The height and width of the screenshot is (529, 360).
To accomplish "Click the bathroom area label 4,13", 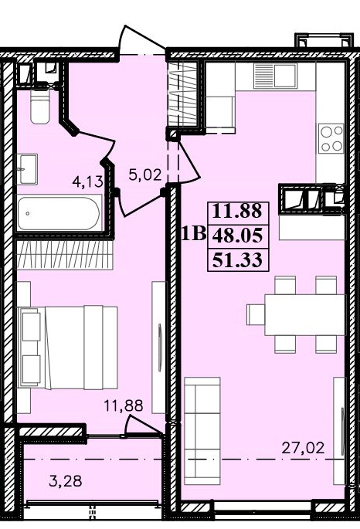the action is point(87,181).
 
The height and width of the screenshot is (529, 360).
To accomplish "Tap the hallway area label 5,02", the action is point(145,175).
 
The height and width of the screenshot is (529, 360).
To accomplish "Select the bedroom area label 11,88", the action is point(124,405).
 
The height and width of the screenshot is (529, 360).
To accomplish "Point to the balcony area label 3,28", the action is point(65,481).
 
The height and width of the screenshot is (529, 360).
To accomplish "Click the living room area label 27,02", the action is point(303,448).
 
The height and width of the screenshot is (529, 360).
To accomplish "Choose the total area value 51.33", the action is point(237,260).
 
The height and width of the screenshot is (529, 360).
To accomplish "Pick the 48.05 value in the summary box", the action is point(237,236).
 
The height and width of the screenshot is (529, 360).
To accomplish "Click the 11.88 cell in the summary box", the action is point(237,211).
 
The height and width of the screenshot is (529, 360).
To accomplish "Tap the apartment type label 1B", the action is point(194,233).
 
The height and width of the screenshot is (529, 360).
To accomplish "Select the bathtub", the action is point(59,213).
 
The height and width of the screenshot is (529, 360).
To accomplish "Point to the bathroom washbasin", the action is point(27,169).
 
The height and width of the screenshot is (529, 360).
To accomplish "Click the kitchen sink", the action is point(275,76).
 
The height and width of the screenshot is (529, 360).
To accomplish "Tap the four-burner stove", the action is point(331,138).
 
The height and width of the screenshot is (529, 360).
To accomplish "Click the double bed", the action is point(67,348).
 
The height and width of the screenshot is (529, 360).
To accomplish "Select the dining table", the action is point(305,315).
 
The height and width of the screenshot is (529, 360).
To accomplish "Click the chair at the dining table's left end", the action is point(256,315).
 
